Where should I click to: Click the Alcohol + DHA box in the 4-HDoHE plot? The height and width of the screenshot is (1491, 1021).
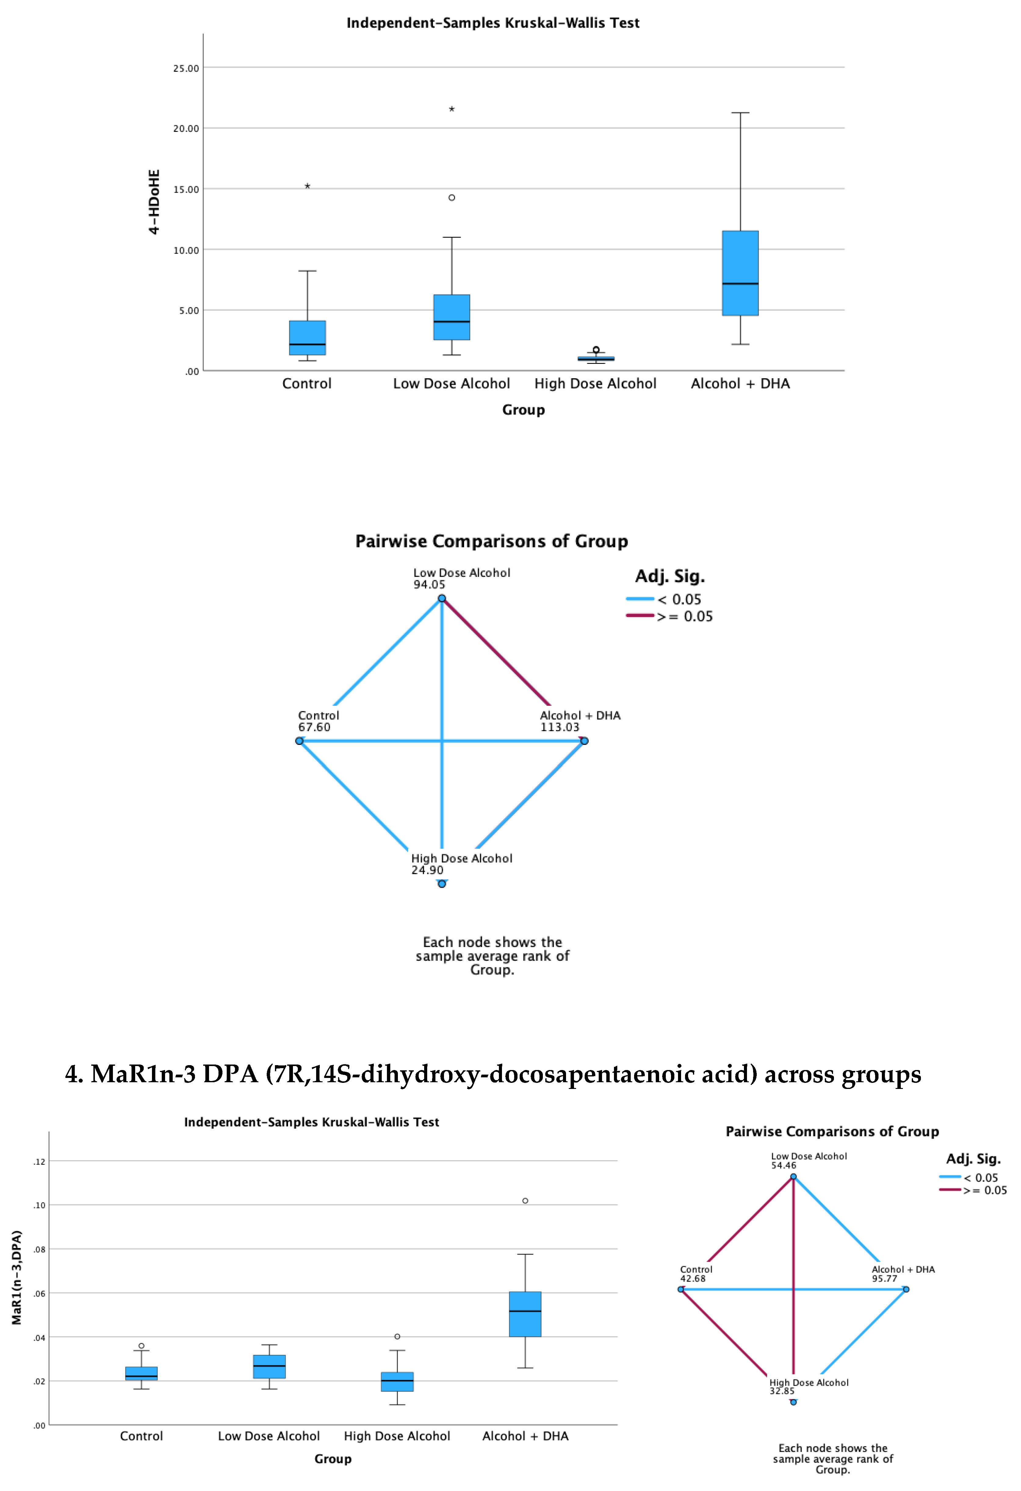click(x=740, y=273)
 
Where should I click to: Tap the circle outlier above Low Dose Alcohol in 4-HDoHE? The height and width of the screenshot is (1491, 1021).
click(x=452, y=198)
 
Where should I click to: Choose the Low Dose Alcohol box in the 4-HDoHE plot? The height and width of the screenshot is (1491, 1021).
click(x=452, y=317)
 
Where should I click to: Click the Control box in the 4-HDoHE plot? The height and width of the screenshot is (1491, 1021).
click(x=307, y=337)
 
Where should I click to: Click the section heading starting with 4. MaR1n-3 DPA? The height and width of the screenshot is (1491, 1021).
click(x=492, y=1074)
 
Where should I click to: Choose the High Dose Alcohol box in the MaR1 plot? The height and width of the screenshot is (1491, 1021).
click(x=397, y=1381)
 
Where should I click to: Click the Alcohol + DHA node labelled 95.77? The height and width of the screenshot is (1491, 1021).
click(x=906, y=1289)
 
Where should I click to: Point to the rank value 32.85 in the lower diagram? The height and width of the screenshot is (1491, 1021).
click(x=782, y=1391)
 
